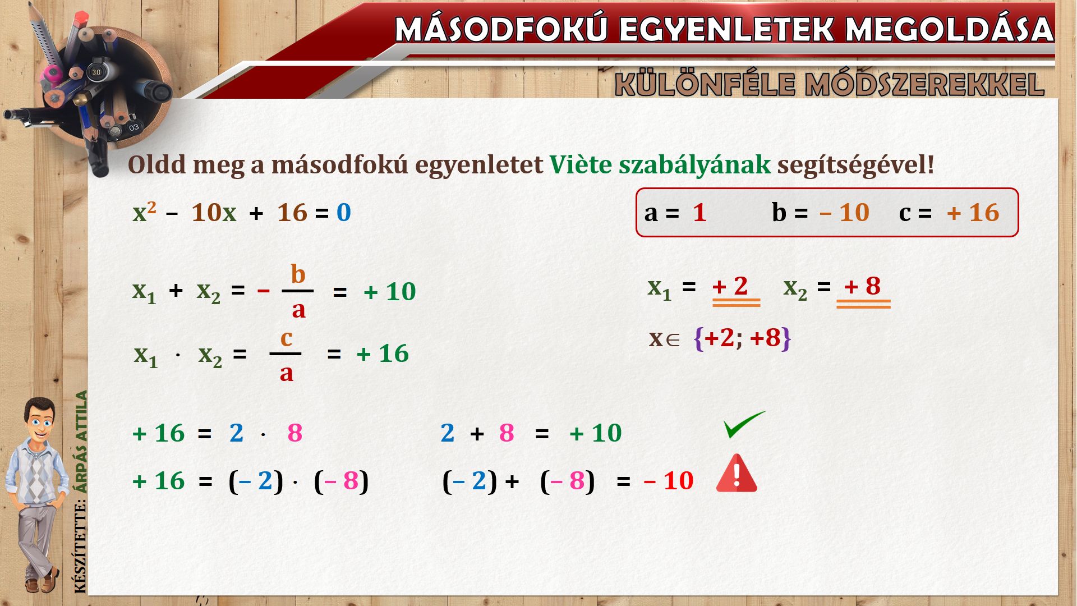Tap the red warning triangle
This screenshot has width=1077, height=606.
pyautogui.click(x=737, y=474)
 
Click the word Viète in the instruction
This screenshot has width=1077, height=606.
pyautogui.click(x=581, y=164)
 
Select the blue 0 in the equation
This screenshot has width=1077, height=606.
pyautogui.click(x=344, y=213)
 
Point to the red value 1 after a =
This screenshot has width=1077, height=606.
pyautogui.click(x=699, y=213)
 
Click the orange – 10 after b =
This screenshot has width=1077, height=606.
pyautogui.click(x=844, y=213)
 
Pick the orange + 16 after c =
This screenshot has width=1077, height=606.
pyautogui.click(x=973, y=213)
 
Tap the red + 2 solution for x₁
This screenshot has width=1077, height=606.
pyautogui.click(x=730, y=286)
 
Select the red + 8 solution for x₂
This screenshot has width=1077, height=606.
pyautogui.click(x=863, y=286)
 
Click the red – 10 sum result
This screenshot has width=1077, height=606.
pyautogui.click(x=669, y=481)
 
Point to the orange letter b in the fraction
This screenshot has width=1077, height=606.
pyautogui.click(x=298, y=274)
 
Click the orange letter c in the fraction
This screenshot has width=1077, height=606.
pyautogui.click(x=286, y=338)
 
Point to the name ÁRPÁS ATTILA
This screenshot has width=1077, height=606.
pyautogui.click(x=82, y=442)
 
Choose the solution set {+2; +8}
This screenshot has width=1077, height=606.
pyautogui.click(x=742, y=338)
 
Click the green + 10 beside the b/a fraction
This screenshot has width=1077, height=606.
pyautogui.click(x=390, y=292)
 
